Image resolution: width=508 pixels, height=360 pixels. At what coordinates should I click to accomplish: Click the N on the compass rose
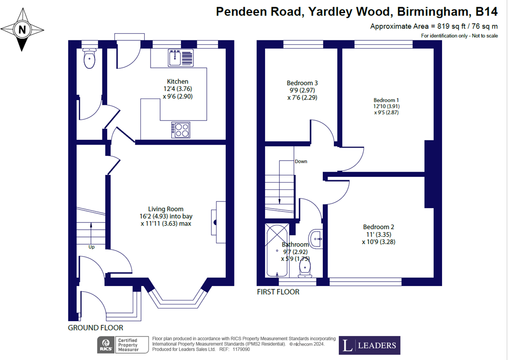pos(22,30)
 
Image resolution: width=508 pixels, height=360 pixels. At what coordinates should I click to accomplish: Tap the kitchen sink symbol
pos(180,58)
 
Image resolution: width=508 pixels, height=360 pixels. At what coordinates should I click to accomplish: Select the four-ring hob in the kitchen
pos(181,130)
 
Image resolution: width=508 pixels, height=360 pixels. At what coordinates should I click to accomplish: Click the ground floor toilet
pos(89,58)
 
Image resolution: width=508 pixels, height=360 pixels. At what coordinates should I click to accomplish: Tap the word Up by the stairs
pos(92,247)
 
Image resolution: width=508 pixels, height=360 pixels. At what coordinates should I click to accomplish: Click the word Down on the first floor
pos(301,161)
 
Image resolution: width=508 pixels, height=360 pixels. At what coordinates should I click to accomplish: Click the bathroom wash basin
pos(316,239)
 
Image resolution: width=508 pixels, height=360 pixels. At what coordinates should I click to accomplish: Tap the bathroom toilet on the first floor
pos(305,269)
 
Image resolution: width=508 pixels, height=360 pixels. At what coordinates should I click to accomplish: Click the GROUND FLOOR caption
pos(96,328)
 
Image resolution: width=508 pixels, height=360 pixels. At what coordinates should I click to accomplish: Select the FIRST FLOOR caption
pos(278,292)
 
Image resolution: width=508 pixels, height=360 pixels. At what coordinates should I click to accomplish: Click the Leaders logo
pos(369,346)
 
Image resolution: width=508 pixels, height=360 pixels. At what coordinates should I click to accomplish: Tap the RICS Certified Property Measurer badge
pos(123,345)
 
